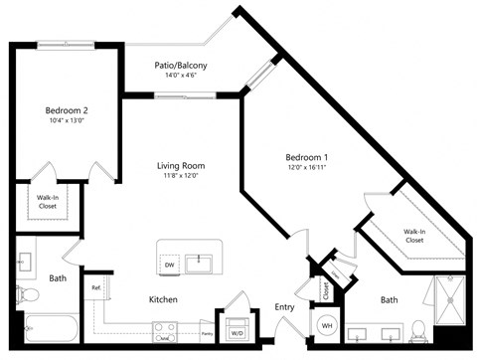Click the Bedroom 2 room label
pos(67,109)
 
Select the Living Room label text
pos(180,166)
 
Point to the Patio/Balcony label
pos(181,66)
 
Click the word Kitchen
pos(163,298)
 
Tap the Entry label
pos(284,307)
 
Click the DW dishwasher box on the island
pos(170,265)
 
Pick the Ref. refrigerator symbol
pos(96,289)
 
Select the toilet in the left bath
pos(26,295)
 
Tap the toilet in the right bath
pos(418,328)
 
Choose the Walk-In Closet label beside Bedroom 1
pos(414,235)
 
